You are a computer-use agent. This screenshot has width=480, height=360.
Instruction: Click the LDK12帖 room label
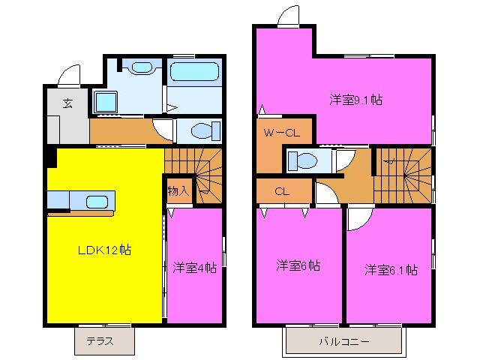click(x=106, y=250)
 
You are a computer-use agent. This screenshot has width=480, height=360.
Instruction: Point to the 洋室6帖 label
click(x=298, y=265)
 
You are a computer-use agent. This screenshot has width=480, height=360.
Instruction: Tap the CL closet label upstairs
click(x=282, y=190)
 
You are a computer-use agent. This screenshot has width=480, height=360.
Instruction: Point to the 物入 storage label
click(x=178, y=191)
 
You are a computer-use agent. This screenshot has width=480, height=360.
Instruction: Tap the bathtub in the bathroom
click(x=193, y=73)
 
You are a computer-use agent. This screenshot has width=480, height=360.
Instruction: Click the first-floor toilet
click(x=201, y=131)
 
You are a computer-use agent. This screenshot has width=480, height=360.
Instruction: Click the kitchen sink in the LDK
click(x=96, y=202)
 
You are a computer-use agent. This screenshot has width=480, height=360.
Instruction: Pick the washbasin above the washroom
click(x=140, y=67)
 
